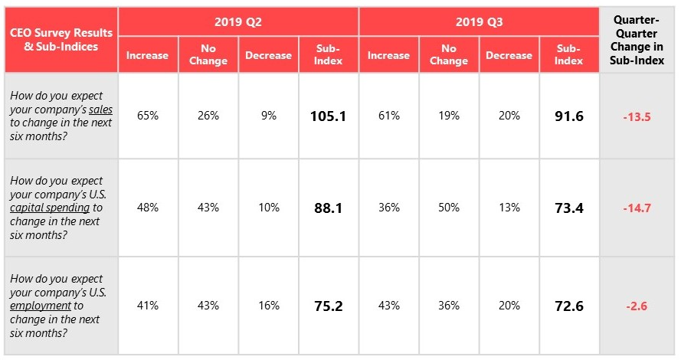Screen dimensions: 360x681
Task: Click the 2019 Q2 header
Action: [x=238, y=22]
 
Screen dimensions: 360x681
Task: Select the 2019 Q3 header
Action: [x=478, y=22]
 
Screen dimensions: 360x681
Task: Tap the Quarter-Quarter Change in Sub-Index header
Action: [x=638, y=41]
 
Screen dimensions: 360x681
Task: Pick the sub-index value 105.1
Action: [x=328, y=116]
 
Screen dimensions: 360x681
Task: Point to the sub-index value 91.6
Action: [x=568, y=116]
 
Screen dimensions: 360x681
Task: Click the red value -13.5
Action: [x=637, y=116]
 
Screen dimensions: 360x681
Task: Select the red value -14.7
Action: [x=637, y=208]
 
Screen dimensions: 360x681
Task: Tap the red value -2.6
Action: [x=637, y=306]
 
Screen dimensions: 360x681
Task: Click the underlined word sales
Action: [x=100, y=110]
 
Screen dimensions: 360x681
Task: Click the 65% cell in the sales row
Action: [x=148, y=116]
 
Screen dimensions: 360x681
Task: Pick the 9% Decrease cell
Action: [x=268, y=116]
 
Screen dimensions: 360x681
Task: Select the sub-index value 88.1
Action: [x=328, y=208]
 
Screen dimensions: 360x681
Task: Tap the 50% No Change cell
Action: [x=448, y=208]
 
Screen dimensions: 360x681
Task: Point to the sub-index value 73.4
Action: [x=568, y=208]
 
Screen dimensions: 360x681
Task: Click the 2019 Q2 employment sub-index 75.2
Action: [x=328, y=306]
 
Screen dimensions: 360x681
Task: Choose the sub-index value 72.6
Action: [x=568, y=306]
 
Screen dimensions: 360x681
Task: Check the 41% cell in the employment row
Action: [x=148, y=306]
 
